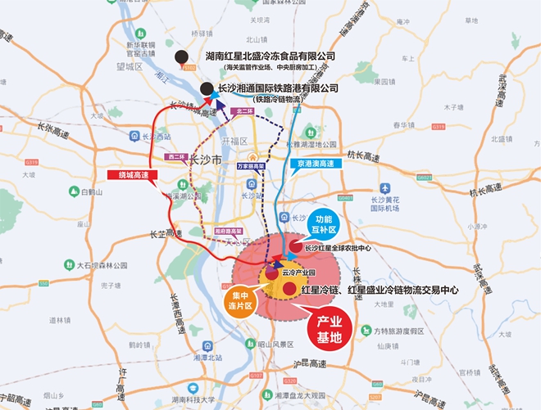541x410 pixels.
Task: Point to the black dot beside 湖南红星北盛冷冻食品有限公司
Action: (180, 56)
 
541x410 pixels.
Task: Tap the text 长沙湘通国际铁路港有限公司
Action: (279, 87)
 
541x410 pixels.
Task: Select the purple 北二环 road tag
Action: (243, 110)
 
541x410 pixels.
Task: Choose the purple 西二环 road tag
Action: (175, 155)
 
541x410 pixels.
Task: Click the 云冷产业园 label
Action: (293, 271)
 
